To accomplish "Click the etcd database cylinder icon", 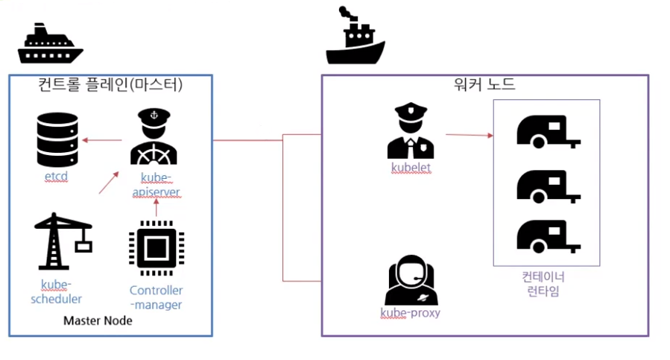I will [x=57, y=140].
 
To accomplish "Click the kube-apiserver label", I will [x=156, y=185].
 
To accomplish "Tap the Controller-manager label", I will [x=156, y=297].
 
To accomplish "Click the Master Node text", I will [x=98, y=320].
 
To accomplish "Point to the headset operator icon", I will [x=410, y=280].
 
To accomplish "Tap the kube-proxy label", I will [x=410, y=312].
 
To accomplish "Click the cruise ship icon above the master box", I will [x=48, y=45].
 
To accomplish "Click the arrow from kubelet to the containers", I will [x=470, y=136].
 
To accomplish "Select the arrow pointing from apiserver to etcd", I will [x=102, y=139].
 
